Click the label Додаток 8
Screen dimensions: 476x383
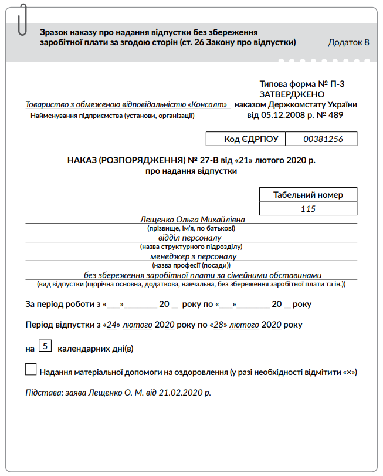[348, 42]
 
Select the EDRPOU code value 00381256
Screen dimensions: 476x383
[322, 139]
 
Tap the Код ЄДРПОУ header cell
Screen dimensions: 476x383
[246, 139]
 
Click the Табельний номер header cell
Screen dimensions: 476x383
[308, 195]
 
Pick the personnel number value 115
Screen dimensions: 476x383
[308, 209]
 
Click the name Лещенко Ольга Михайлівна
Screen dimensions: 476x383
[192, 219]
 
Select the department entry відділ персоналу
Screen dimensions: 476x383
[189, 238]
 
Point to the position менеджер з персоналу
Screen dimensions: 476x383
[190, 256]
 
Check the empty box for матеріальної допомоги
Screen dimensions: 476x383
[31, 370]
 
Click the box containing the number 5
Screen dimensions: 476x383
[45, 346]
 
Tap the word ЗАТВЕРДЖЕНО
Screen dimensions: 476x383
[292, 94]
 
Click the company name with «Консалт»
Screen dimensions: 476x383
[127, 105]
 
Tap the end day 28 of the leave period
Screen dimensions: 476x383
[219, 324]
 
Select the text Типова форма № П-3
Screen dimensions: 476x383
[301, 84]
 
